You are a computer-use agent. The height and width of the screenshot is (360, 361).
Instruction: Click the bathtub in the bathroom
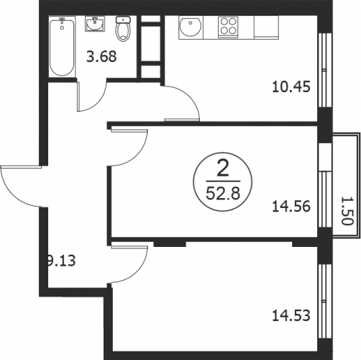pyautogui.click(x=62, y=47)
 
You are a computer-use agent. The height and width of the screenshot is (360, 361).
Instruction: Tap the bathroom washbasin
pyautogui.click(x=95, y=24)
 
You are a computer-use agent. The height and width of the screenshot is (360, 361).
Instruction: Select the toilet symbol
pyautogui.click(x=123, y=29)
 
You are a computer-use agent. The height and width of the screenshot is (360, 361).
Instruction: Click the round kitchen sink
pyautogui.click(x=191, y=27)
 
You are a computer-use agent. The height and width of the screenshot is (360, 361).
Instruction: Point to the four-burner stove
pyautogui.click(x=228, y=27)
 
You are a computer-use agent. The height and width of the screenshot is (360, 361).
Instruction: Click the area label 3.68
pyautogui.click(x=101, y=57)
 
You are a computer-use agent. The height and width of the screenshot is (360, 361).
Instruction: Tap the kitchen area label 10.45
pyautogui.click(x=291, y=87)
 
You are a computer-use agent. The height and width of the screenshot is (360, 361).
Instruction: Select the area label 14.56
pyautogui.click(x=291, y=207)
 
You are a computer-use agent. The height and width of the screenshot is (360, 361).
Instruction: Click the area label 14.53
pyautogui.click(x=291, y=315)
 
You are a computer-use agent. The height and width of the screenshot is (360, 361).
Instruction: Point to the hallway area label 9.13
pyautogui.click(x=61, y=261)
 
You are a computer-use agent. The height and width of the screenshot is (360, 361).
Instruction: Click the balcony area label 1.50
pyautogui.click(x=347, y=211)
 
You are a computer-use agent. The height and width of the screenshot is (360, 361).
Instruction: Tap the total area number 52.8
pyautogui.click(x=223, y=194)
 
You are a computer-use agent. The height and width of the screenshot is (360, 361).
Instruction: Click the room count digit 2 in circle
pyautogui.click(x=223, y=168)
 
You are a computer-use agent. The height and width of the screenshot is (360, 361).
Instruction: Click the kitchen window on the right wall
pyautogui.click(x=325, y=70)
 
